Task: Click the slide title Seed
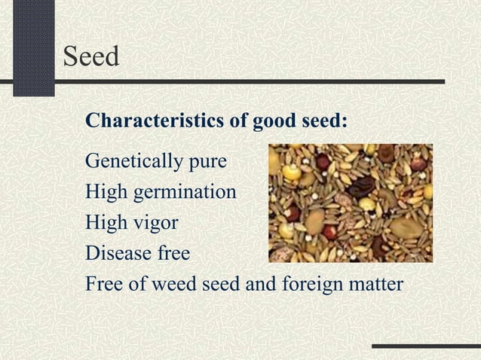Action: point(91,56)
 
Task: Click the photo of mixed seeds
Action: point(351,202)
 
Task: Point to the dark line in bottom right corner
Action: point(426,346)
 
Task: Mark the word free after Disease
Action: point(174,254)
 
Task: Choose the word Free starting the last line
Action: point(104,285)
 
